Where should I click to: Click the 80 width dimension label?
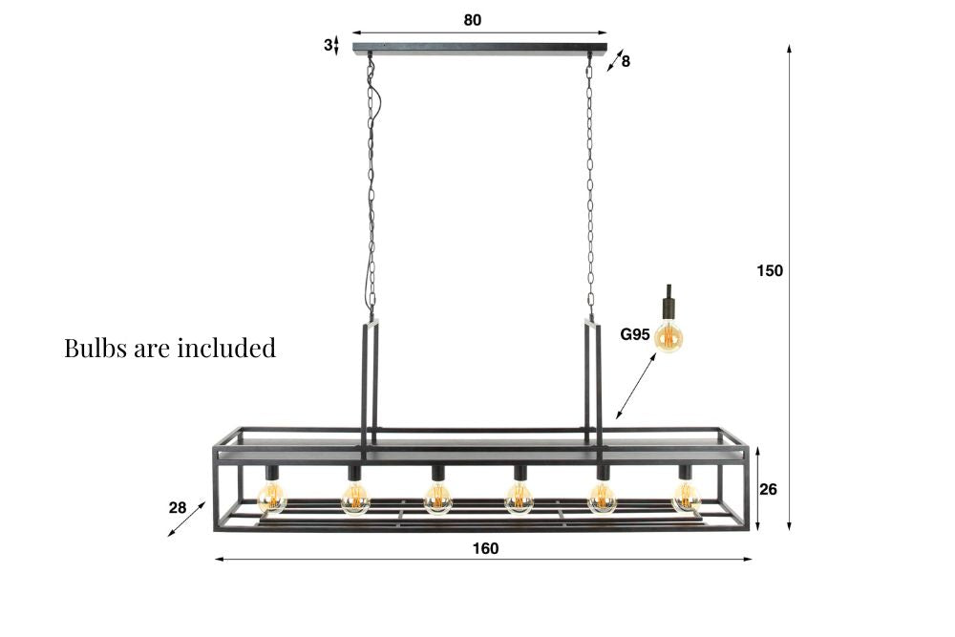[473, 20]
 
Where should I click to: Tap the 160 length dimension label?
[485, 548]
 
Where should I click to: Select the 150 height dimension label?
[770, 270]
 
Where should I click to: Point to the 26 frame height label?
[769, 489]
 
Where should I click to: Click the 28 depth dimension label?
[178, 507]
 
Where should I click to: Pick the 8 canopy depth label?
[626, 61]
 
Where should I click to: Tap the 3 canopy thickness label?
[327, 44]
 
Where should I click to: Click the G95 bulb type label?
[635, 334]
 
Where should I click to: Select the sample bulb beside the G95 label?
[670, 335]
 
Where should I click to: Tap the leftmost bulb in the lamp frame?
[272, 497]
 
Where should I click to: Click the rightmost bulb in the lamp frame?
[686, 497]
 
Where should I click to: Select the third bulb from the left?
[437, 497]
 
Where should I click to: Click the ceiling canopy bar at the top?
[479, 48]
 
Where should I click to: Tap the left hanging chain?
[371, 191]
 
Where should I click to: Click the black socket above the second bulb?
[354, 472]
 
